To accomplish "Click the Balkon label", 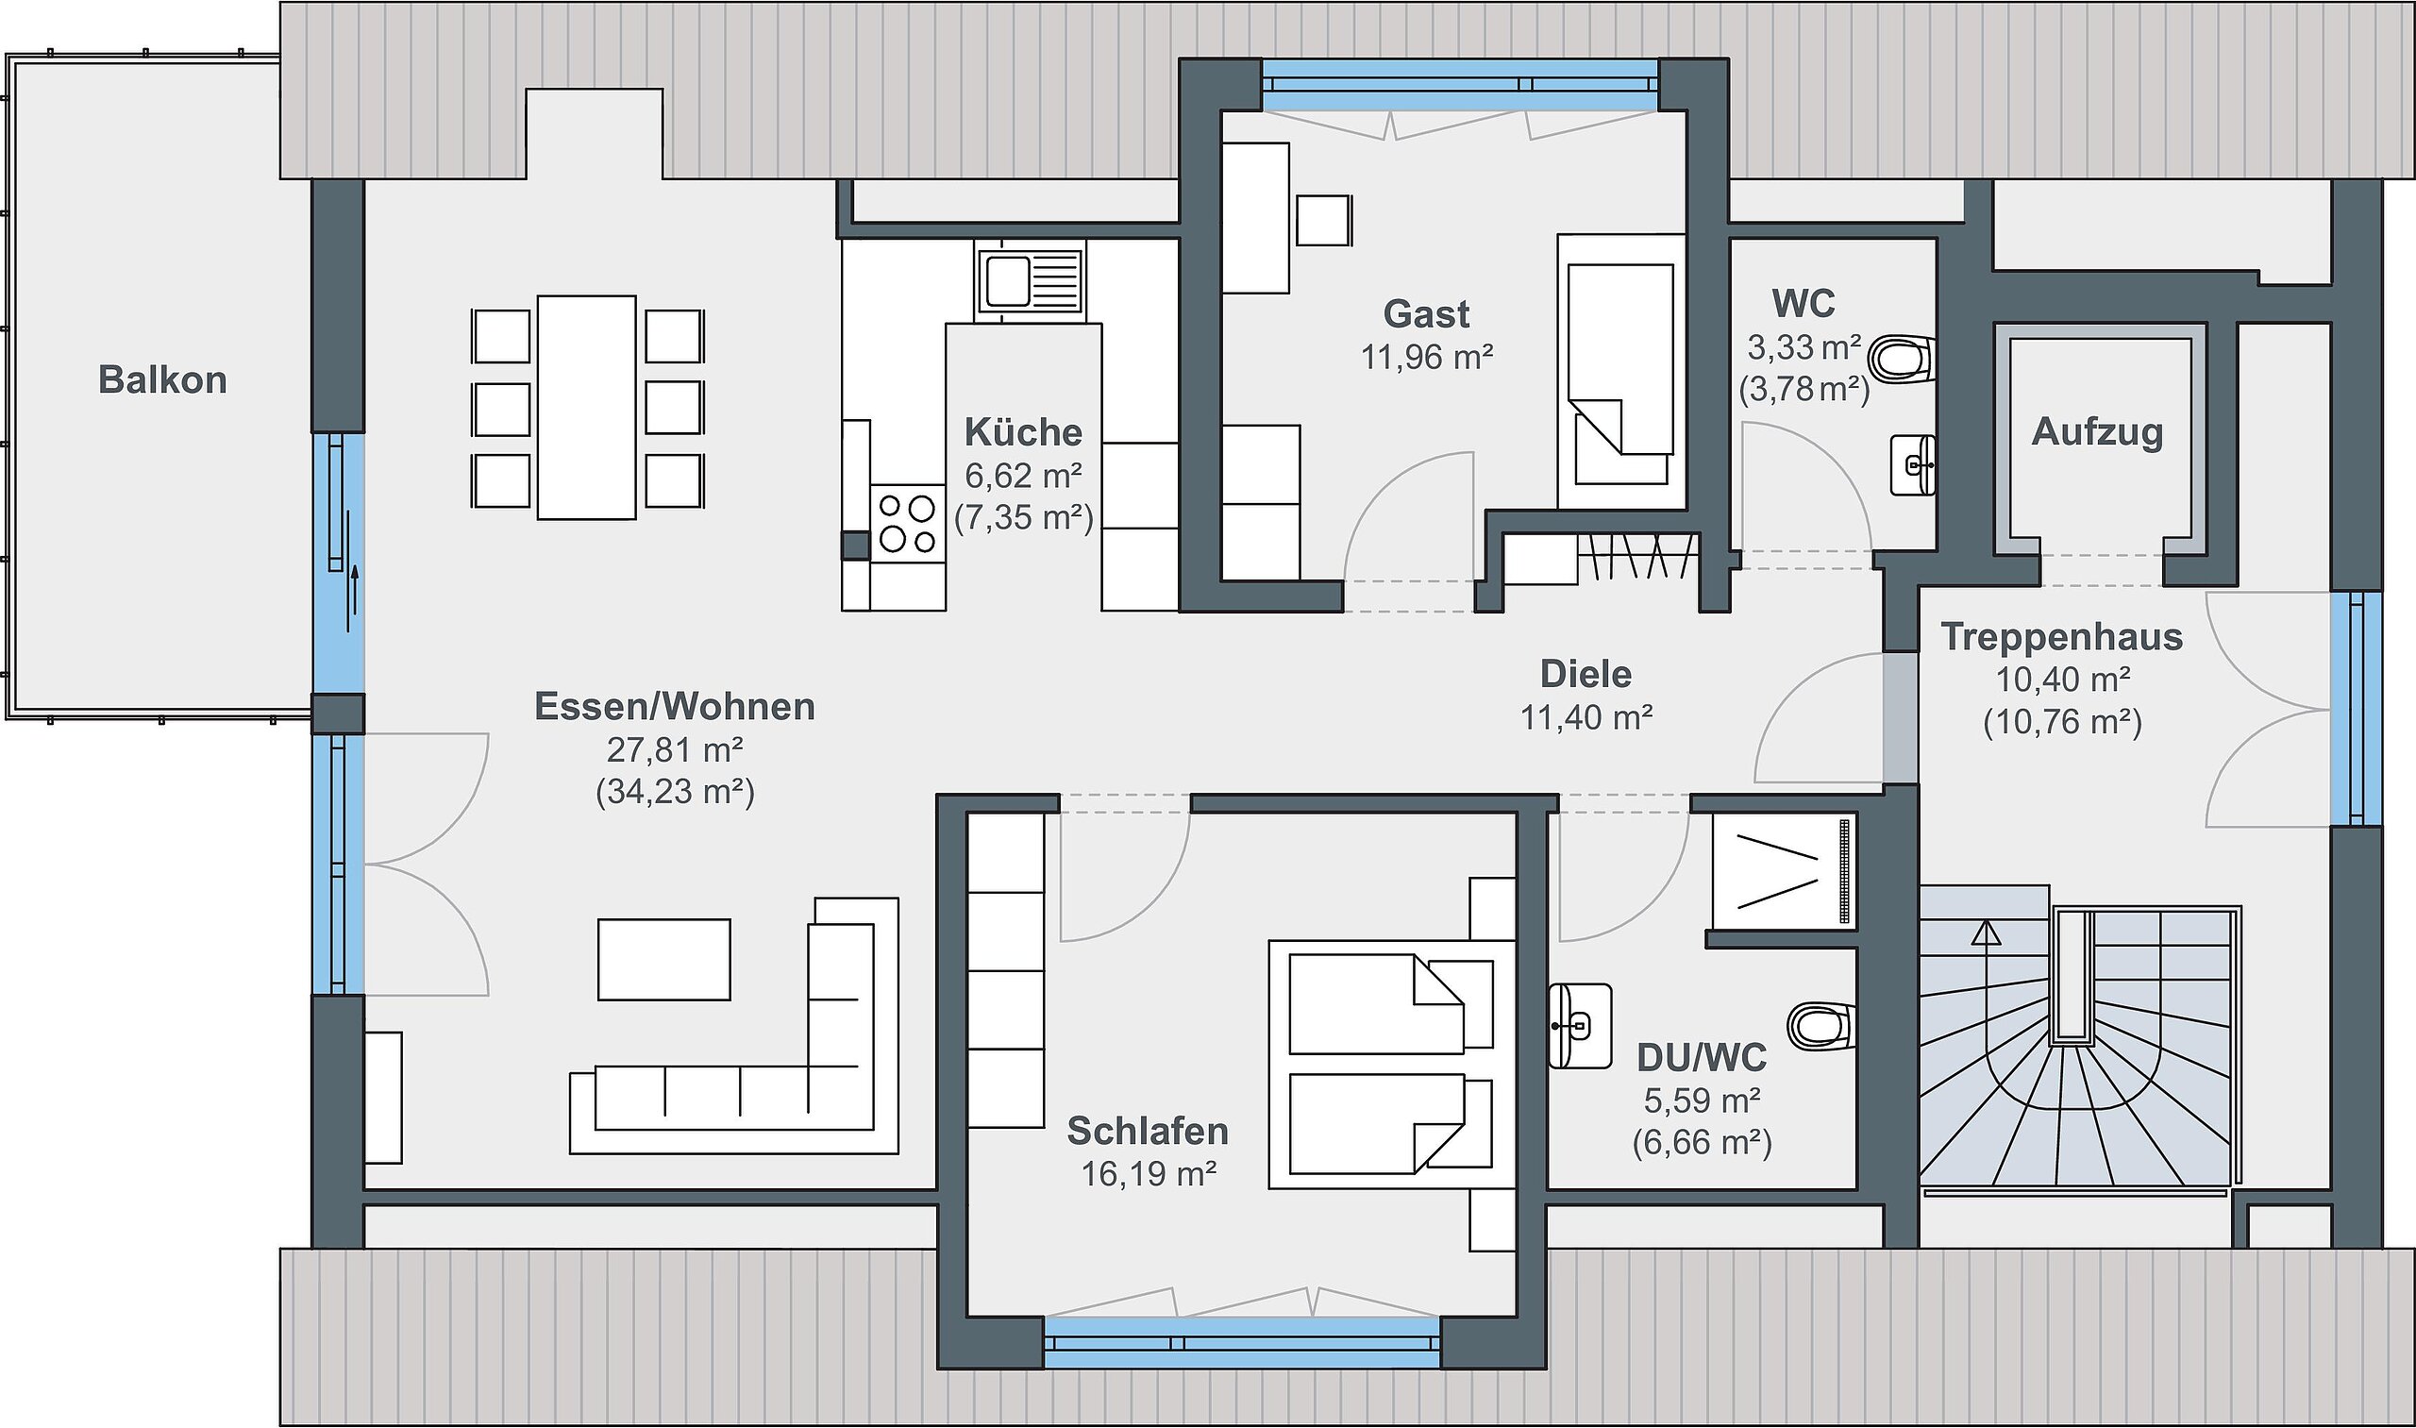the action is pyautogui.click(x=162, y=380).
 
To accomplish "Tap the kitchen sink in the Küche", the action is pyautogui.click(x=1030, y=281).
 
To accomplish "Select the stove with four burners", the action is pyautogui.click(x=907, y=523).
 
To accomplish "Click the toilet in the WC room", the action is pyautogui.click(x=1902, y=360).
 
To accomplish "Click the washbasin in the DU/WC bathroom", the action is pyautogui.click(x=1580, y=1026).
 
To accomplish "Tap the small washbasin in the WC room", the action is pyautogui.click(x=1913, y=465).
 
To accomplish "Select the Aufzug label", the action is pyautogui.click(x=2098, y=432).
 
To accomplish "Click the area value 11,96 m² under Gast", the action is pyautogui.click(x=1427, y=358).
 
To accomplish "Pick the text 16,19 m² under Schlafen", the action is pyautogui.click(x=1149, y=1174).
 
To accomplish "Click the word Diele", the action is pyautogui.click(x=1585, y=674).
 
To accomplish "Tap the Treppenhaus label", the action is pyautogui.click(x=2062, y=637).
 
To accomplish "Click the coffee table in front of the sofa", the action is pyautogui.click(x=663, y=959).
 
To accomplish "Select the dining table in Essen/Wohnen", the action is pyautogui.click(x=587, y=407).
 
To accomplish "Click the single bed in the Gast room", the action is pyautogui.click(x=1621, y=372).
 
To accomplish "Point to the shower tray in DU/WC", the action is pyautogui.click(x=1784, y=873).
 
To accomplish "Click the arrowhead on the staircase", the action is pyautogui.click(x=1985, y=932).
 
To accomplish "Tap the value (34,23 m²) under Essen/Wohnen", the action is pyautogui.click(x=676, y=792).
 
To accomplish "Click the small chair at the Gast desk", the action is pyautogui.click(x=1324, y=220).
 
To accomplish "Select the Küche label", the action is pyautogui.click(x=1023, y=432).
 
